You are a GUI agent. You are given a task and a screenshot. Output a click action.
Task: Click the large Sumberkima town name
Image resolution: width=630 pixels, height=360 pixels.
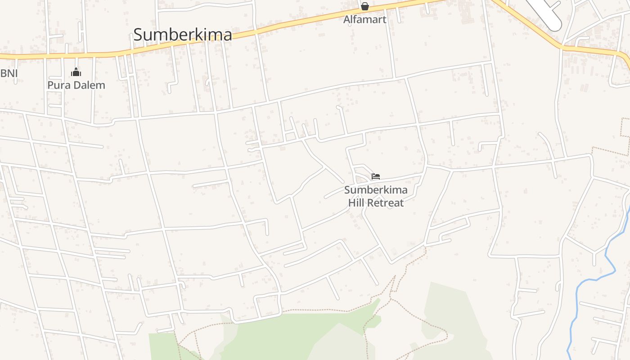183,35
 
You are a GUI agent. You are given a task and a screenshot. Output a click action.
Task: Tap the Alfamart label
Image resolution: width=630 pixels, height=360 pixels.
364,19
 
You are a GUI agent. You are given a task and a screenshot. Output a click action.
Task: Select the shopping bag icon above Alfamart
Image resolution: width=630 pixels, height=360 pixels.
364,6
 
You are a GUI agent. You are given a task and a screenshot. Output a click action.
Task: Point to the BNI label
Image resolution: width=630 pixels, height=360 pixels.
9,73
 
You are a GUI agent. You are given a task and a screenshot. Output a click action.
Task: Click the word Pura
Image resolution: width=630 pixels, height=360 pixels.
60,85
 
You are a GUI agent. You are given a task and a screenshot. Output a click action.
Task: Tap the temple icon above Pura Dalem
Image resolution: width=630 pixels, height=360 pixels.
76,72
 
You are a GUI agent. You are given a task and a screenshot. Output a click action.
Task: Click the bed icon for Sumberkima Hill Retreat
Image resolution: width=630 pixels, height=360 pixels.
376,176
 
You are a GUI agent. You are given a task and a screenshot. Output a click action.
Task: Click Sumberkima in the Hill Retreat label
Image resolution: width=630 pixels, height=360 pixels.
376,190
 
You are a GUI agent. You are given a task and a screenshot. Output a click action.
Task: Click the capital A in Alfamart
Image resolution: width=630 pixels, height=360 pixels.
347,19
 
